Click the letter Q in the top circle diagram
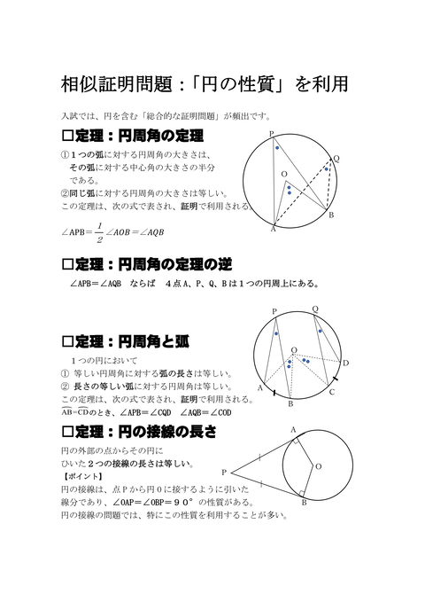click(x=336, y=159)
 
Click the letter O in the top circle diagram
click(x=284, y=175)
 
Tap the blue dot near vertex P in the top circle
click(x=278, y=147)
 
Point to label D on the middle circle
click(x=346, y=362)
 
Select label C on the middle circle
click(x=331, y=392)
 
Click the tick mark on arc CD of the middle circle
click(x=338, y=375)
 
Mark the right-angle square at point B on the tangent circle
click(x=302, y=493)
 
